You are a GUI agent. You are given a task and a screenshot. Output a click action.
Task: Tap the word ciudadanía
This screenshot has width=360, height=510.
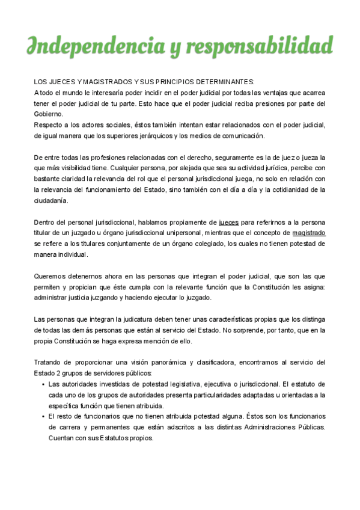tap(51, 200)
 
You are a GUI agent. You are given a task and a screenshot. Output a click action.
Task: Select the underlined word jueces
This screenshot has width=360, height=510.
tap(228, 222)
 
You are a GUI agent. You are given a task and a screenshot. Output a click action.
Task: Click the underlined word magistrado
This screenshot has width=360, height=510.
tap(308, 233)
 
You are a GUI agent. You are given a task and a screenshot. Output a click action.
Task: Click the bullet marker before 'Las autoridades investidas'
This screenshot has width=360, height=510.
tap(42, 384)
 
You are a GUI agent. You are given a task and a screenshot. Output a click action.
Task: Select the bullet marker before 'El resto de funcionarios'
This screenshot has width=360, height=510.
tap(42, 416)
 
